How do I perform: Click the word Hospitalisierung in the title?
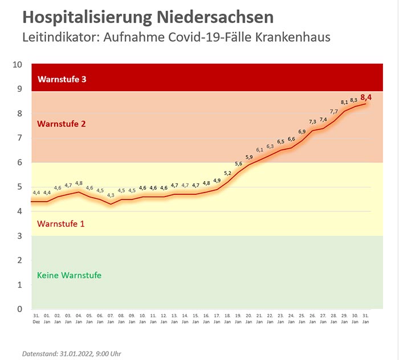coord(86,17)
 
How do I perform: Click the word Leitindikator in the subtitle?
coord(59,39)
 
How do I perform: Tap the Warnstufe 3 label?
coord(62,79)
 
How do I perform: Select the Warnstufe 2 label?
coord(61,124)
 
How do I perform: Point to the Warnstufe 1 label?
coord(61,224)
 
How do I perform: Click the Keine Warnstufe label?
coord(69,275)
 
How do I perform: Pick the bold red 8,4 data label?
coord(366,98)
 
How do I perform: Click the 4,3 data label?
coord(111,195)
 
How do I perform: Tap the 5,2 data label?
coord(227,173)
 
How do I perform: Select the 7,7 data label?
coord(334,112)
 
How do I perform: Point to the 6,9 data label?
coord(302,132)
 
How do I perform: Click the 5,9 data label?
coord(249,157)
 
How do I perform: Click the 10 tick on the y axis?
coord(18,64)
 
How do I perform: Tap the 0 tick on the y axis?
coord(19,309)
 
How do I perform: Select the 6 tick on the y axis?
coord(19,162)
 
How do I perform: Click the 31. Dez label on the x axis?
coord(36,318)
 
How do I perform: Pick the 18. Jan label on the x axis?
coord(227,318)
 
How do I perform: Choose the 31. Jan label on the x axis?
coord(365,318)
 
